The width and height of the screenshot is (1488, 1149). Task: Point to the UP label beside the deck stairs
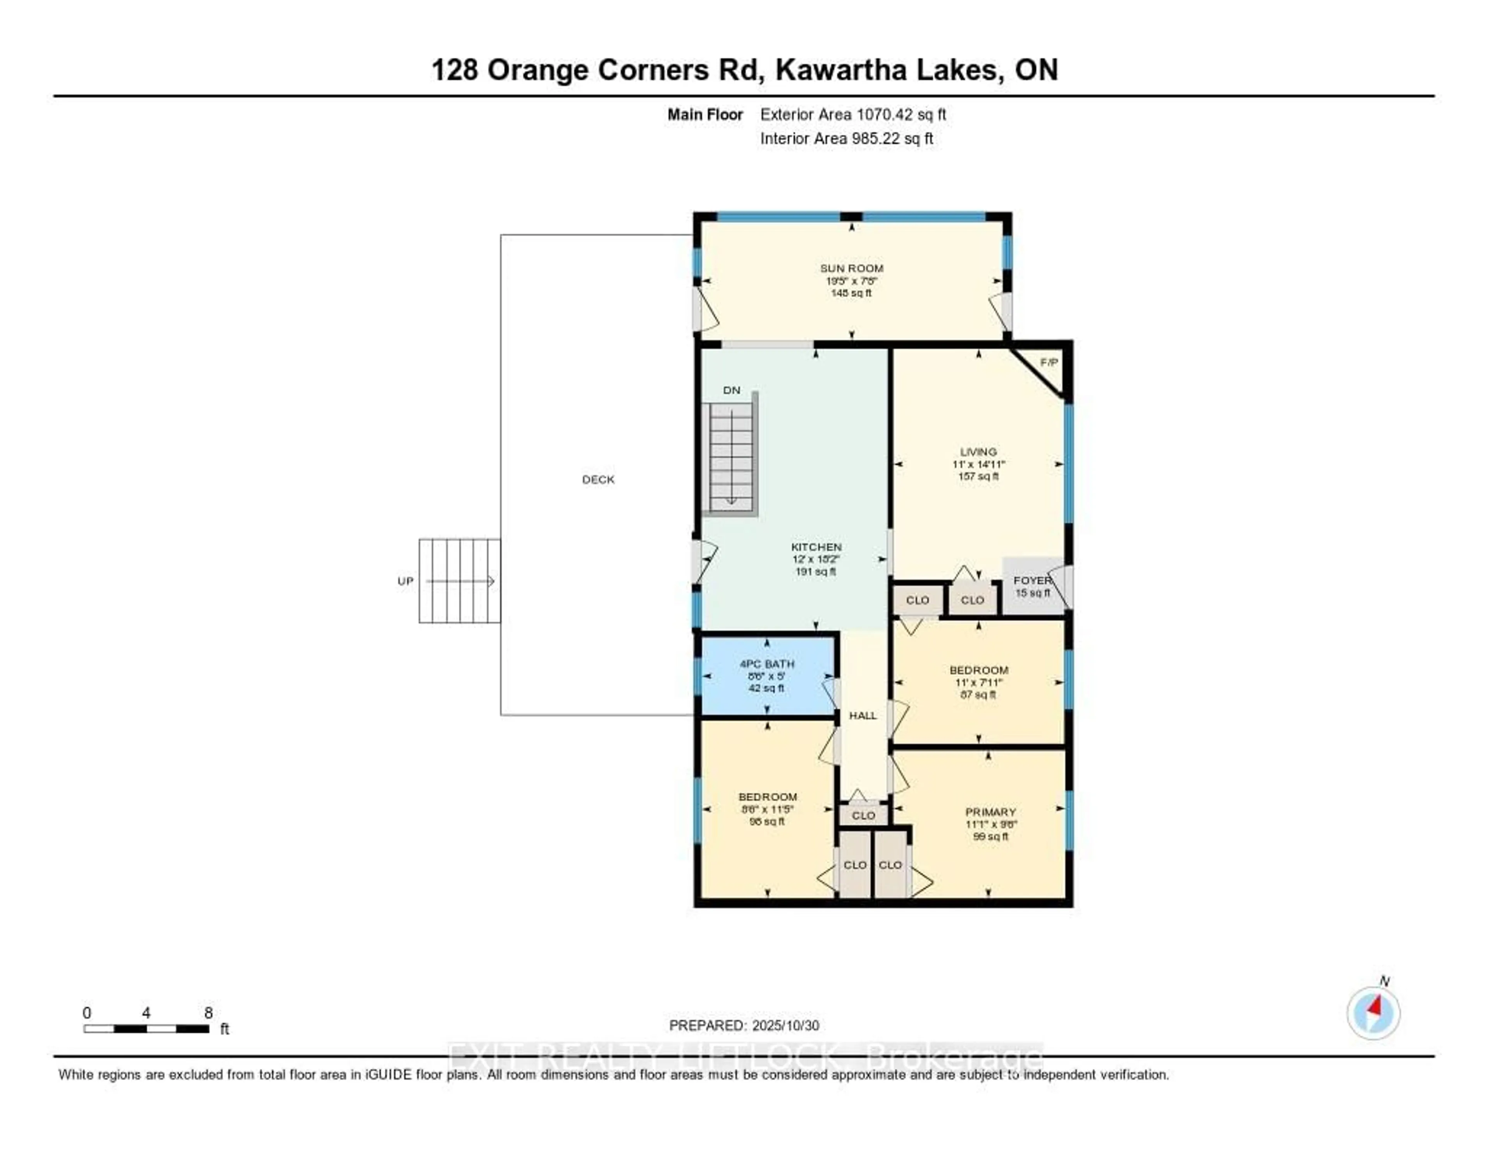tap(405, 581)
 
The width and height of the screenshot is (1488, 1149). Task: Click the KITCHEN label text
tap(816, 547)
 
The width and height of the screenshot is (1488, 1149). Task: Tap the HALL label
tap(863, 715)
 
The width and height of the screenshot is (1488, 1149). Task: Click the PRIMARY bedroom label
tap(990, 812)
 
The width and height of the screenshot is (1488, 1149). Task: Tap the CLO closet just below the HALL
tap(863, 815)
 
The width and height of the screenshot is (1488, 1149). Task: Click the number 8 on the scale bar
tap(208, 1013)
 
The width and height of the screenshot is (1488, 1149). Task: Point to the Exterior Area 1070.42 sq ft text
tap(853, 114)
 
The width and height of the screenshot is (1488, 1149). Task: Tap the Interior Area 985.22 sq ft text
tap(846, 138)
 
